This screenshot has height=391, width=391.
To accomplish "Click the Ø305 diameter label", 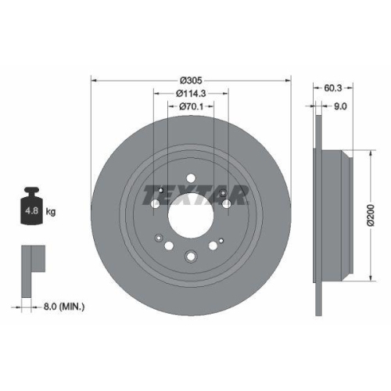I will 191,80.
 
